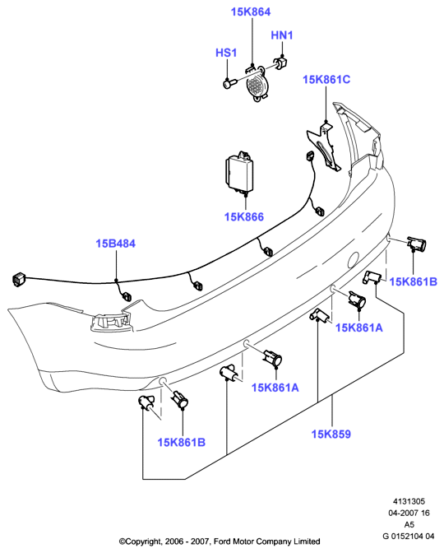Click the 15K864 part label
coord(251,12)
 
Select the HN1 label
coord(282,35)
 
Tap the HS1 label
coord(226,53)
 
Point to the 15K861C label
coord(326,79)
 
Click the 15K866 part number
coord(244,217)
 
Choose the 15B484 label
coord(116,244)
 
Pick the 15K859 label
coord(331,434)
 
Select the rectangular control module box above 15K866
coord(238,172)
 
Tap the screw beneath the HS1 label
coord(229,84)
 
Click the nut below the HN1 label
coord(281,63)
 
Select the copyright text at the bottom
coord(220,541)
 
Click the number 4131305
coord(409,501)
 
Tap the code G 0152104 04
coord(409,536)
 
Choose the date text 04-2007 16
coord(409,513)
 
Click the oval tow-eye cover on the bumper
coord(354,260)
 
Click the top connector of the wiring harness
coord(310,156)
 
